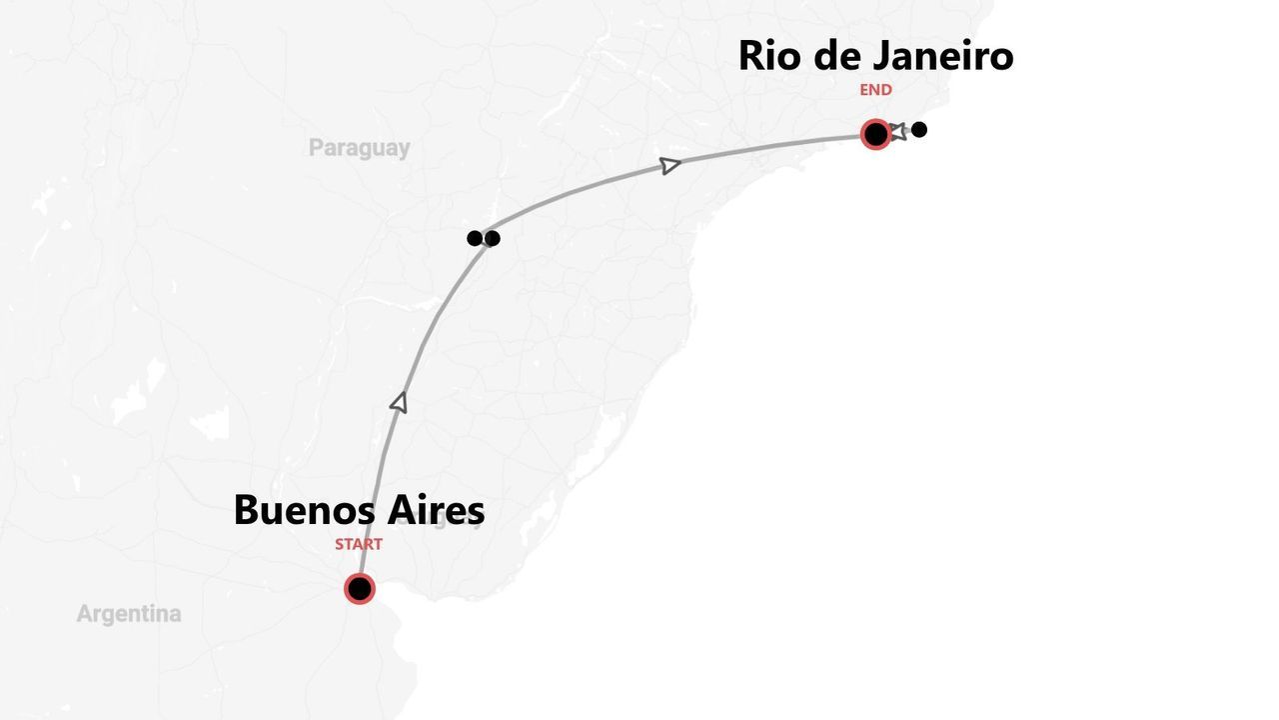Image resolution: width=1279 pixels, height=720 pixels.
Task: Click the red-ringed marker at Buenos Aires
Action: [360, 589]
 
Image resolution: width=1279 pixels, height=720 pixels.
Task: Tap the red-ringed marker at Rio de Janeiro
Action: [876, 134]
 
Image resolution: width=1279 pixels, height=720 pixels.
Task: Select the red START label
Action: [359, 545]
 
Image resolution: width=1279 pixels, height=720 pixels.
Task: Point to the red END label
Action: [876, 90]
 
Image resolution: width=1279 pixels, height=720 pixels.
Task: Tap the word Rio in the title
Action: [770, 56]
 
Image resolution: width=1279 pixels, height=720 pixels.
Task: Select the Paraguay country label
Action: [359, 148]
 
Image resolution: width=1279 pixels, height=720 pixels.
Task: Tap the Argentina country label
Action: [129, 614]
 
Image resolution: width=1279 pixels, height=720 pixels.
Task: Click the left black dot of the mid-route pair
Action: [475, 238]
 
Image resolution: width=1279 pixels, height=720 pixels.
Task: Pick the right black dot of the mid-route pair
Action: [492, 238]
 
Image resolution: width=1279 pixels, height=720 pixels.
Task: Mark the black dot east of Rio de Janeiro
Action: [919, 129]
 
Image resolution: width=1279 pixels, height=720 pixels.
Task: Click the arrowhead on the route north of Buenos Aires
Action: [399, 402]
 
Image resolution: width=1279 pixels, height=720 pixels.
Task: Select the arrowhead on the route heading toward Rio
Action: [670, 165]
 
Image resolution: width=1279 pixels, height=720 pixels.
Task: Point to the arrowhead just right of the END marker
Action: [898, 131]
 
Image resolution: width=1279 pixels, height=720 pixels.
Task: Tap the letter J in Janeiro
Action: [880, 56]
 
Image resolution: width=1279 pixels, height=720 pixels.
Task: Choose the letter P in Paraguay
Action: [316, 148]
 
